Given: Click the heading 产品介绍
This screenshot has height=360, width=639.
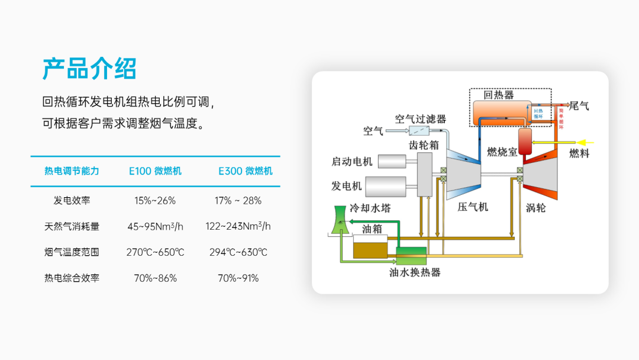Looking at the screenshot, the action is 89,69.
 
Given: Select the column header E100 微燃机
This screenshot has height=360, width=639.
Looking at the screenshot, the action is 155,171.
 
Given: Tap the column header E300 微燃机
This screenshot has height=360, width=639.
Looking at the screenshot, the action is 246,171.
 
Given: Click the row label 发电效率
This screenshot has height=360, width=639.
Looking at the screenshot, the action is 72,200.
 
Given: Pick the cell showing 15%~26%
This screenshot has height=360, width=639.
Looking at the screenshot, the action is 155,200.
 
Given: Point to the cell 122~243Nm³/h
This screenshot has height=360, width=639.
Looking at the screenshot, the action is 238,226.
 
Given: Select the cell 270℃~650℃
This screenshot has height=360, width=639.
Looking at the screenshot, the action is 155,252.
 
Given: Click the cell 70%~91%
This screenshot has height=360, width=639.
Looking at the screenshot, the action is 238,278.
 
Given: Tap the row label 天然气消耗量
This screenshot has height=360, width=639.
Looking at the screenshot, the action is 72,226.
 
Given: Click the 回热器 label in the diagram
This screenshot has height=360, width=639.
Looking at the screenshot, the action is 498,95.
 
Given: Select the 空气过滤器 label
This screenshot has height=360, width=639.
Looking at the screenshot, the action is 420,119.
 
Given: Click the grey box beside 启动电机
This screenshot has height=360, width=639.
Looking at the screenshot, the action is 392,161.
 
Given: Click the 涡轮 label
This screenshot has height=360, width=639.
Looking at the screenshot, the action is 535,208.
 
